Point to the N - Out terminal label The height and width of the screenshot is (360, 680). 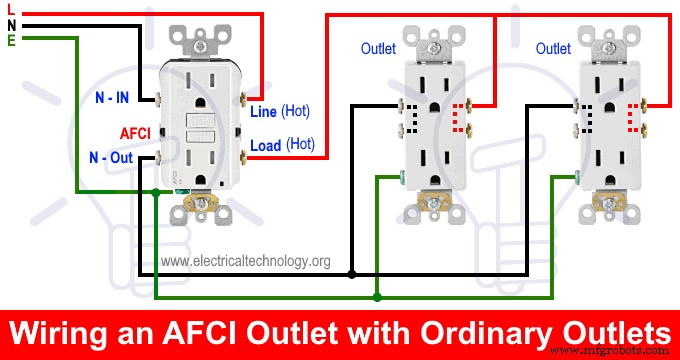click(110, 158)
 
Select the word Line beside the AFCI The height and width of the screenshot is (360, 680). click(263, 111)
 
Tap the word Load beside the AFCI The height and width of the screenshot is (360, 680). click(265, 145)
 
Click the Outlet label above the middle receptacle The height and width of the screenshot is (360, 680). click(378, 48)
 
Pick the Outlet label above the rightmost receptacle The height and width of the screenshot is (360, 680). click(553, 48)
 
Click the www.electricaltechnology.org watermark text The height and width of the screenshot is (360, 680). click(245, 261)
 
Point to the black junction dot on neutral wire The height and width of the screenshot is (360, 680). click(352, 274)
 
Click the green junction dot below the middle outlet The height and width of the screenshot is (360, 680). click(376, 296)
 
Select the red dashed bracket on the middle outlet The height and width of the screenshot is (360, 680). click(459, 117)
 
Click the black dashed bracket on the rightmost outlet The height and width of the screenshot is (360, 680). click(586, 119)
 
